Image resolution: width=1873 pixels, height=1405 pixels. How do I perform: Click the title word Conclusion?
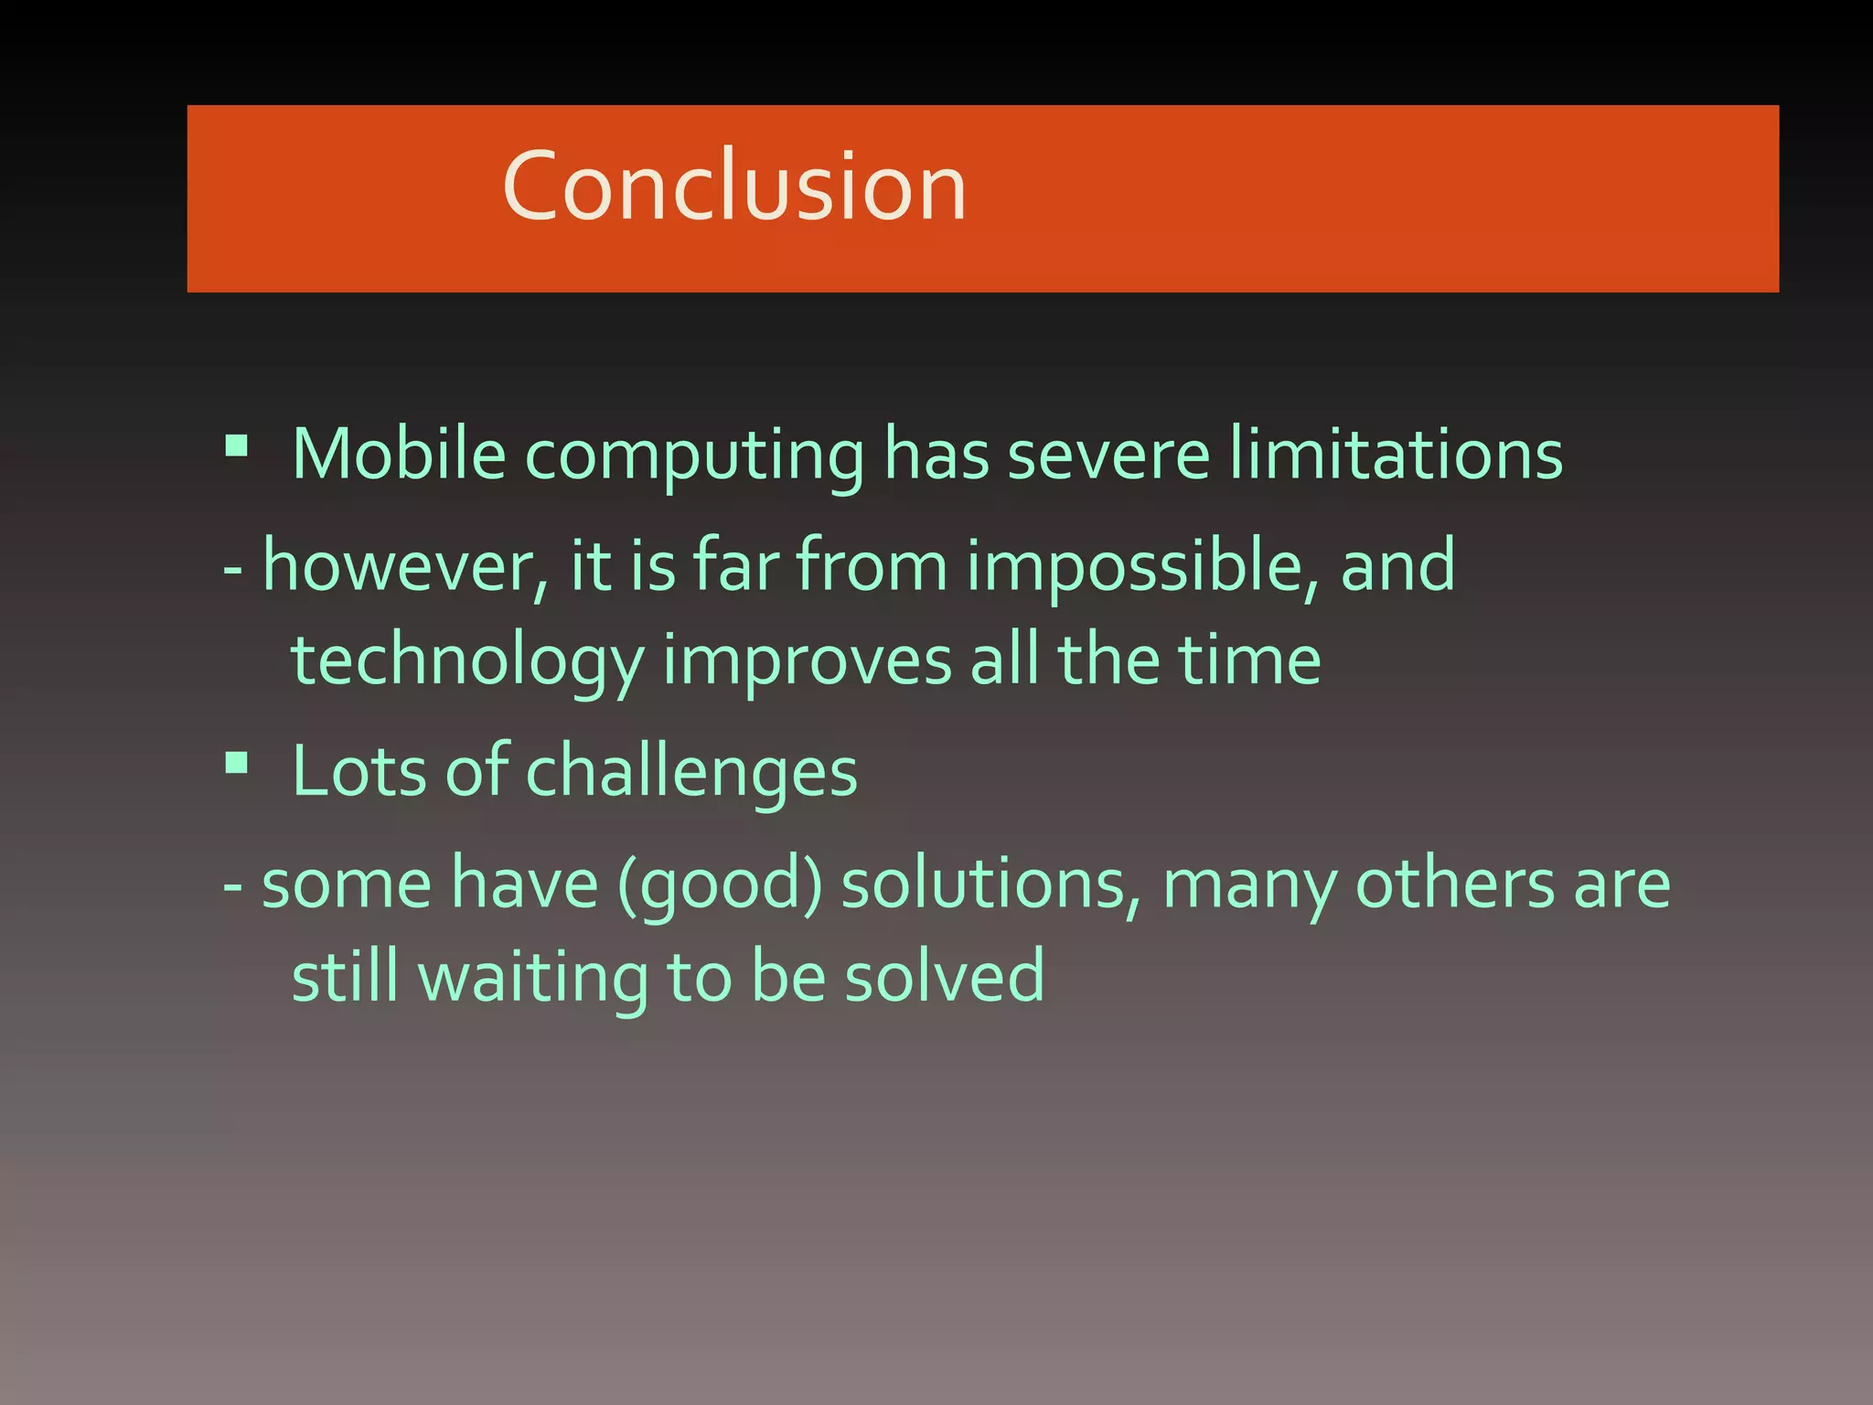pos(734,188)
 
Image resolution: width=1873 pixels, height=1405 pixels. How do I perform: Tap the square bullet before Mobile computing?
pos(237,445)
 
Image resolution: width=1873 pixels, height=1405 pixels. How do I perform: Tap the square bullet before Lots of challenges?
pos(237,762)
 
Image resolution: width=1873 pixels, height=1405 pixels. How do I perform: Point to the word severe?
pos(1108,456)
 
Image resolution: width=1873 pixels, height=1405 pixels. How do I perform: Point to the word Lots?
pos(359,771)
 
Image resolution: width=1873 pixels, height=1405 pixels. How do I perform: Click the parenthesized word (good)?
pos(721,886)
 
